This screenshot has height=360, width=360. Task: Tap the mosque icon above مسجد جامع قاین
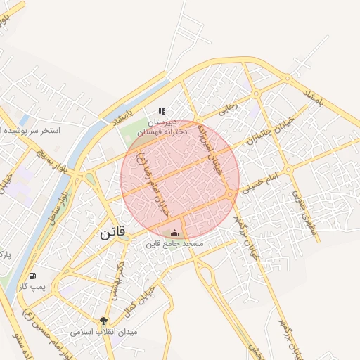(174, 233)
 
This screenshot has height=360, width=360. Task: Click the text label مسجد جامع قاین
(174, 244)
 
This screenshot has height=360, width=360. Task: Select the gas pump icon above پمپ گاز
(32, 276)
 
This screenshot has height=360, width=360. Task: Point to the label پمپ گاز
(32, 286)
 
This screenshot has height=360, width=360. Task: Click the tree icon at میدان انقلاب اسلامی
(105, 321)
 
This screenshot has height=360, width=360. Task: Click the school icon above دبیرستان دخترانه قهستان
(162, 111)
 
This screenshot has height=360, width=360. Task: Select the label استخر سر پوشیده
(32, 131)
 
